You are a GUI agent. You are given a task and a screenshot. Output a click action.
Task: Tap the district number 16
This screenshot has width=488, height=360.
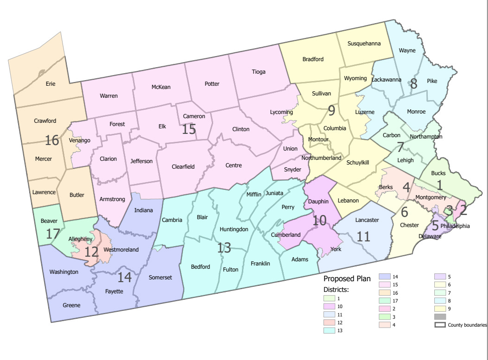click(51, 140)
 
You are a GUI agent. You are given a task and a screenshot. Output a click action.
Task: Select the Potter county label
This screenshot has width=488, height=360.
click(212, 84)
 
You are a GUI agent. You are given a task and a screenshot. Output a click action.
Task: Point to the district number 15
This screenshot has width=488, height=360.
click(189, 129)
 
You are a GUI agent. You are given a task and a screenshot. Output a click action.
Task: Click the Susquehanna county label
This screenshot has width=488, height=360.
click(364, 44)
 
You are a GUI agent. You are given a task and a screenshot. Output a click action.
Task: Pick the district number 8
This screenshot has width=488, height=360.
click(413, 84)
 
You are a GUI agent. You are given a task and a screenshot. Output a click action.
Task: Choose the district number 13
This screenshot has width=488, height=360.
click(224, 248)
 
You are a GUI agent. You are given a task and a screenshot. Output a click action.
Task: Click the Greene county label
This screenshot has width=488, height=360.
click(72, 305)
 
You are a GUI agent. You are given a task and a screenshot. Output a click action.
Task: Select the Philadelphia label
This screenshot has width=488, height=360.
click(455, 226)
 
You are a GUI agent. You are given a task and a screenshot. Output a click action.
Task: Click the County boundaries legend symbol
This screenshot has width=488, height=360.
click(440, 325)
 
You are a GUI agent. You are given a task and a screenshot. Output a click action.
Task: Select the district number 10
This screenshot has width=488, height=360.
click(320, 220)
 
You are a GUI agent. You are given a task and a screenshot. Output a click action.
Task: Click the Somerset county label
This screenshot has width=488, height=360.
click(160, 277)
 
